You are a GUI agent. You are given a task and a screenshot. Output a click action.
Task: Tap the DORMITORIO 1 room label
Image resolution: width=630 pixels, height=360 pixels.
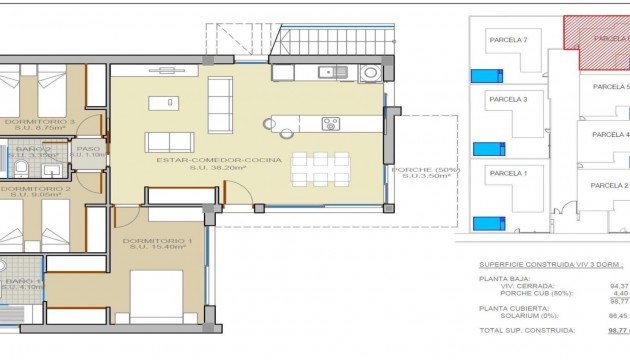click(152, 241)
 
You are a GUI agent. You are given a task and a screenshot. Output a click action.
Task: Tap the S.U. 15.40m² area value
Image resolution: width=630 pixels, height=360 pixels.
click(152, 250)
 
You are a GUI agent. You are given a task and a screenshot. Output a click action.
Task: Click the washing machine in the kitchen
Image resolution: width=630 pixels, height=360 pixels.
click(370, 72)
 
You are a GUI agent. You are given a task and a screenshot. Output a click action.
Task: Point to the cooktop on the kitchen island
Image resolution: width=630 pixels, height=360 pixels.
click(331, 124)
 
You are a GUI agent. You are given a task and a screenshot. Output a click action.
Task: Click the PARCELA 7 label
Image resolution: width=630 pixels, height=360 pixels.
click(508, 39)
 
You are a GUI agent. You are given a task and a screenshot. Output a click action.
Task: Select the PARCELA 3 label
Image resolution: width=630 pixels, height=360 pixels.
click(508, 99)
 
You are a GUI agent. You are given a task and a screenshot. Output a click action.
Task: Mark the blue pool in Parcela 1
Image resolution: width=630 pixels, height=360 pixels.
click(487, 222)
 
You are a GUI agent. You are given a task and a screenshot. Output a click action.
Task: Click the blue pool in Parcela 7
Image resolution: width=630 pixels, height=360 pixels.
click(487, 75)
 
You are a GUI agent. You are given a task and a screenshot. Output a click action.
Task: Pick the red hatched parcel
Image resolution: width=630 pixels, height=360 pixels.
click(598, 38)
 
